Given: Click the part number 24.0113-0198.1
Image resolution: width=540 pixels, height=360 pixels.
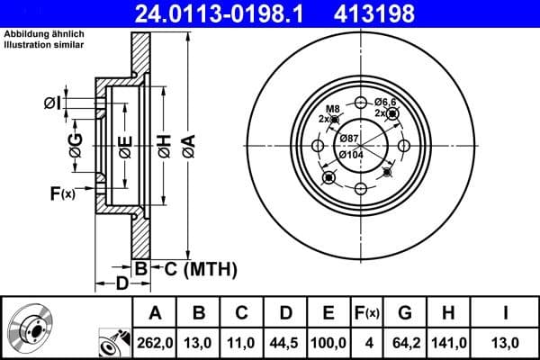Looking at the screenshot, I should [x=225, y=13].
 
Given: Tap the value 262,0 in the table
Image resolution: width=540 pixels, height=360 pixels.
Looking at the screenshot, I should [x=155, y=342].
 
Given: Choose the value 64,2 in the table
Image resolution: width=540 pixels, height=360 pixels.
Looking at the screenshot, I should [x=405, y=342].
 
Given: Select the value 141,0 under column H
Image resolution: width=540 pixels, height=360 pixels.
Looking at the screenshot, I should [x=448, y=342].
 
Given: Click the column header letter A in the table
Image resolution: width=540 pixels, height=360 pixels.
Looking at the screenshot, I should [x=155, y=313].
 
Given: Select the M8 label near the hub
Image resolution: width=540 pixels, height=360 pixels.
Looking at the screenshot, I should [x=330, y=108].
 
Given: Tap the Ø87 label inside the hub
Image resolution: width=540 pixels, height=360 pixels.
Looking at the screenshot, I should [x=350, y=138].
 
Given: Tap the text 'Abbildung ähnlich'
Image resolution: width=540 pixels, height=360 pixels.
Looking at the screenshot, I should [x=44, y=33].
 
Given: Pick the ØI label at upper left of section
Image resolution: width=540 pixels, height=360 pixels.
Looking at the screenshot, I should [x=53, y=103].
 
